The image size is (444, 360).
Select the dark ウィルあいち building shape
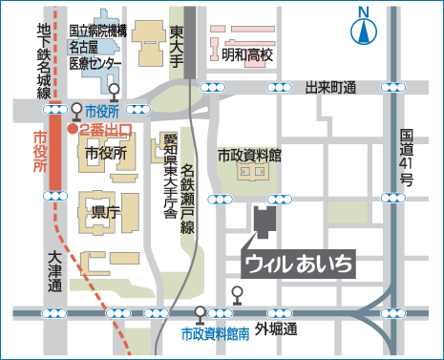pyautogui.click(x=264, y=221)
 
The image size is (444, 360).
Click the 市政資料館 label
pyautogui.click(x=249, y=155)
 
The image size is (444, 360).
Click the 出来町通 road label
pyautogui.click(x=329, y=87)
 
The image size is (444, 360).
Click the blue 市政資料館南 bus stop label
pyautogui.click(x=216, y=333)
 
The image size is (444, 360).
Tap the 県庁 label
pyautogui.click(x=99, y=210)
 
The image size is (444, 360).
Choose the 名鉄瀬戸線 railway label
pyautogui.click(x=188, y=197)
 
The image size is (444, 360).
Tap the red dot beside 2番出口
pyautogui.click(x=73, y=128)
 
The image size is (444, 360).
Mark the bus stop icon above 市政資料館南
pyautogui.click(x=200, y=314)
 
